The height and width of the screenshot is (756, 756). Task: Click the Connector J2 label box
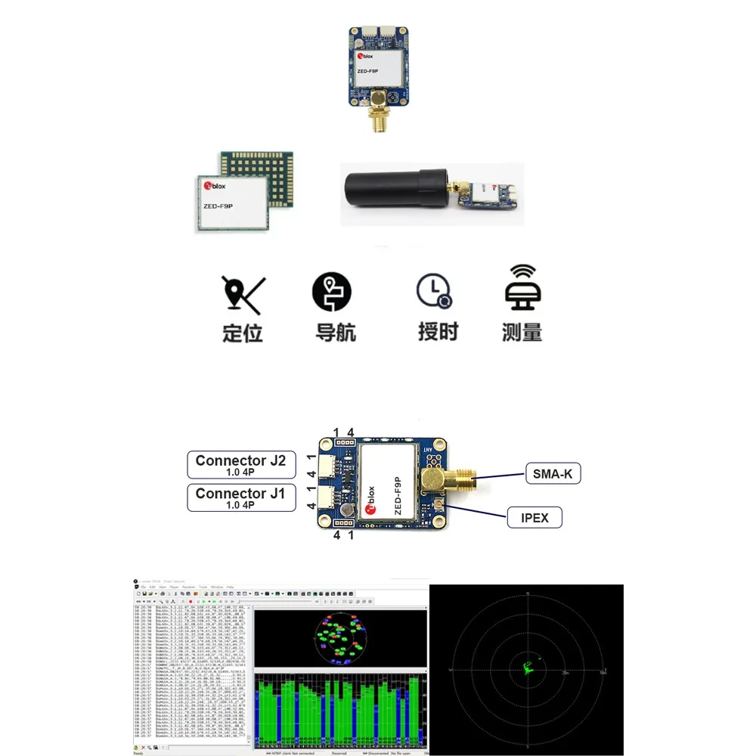[241, 466]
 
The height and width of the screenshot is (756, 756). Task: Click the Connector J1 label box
[241, 498]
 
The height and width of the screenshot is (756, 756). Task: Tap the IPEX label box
[534, 519]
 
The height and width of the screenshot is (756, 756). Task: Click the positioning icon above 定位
[241, 295]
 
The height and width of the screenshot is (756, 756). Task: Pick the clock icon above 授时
[434, 291]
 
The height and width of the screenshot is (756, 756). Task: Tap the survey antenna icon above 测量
[522, 290]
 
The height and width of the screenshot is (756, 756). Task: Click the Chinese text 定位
[242, 333]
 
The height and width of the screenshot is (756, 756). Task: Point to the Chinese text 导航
[335, 333]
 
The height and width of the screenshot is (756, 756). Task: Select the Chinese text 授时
[438, 332]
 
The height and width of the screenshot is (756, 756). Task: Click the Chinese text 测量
[522, 332]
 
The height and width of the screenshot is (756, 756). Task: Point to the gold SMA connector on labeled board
[454, 478]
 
